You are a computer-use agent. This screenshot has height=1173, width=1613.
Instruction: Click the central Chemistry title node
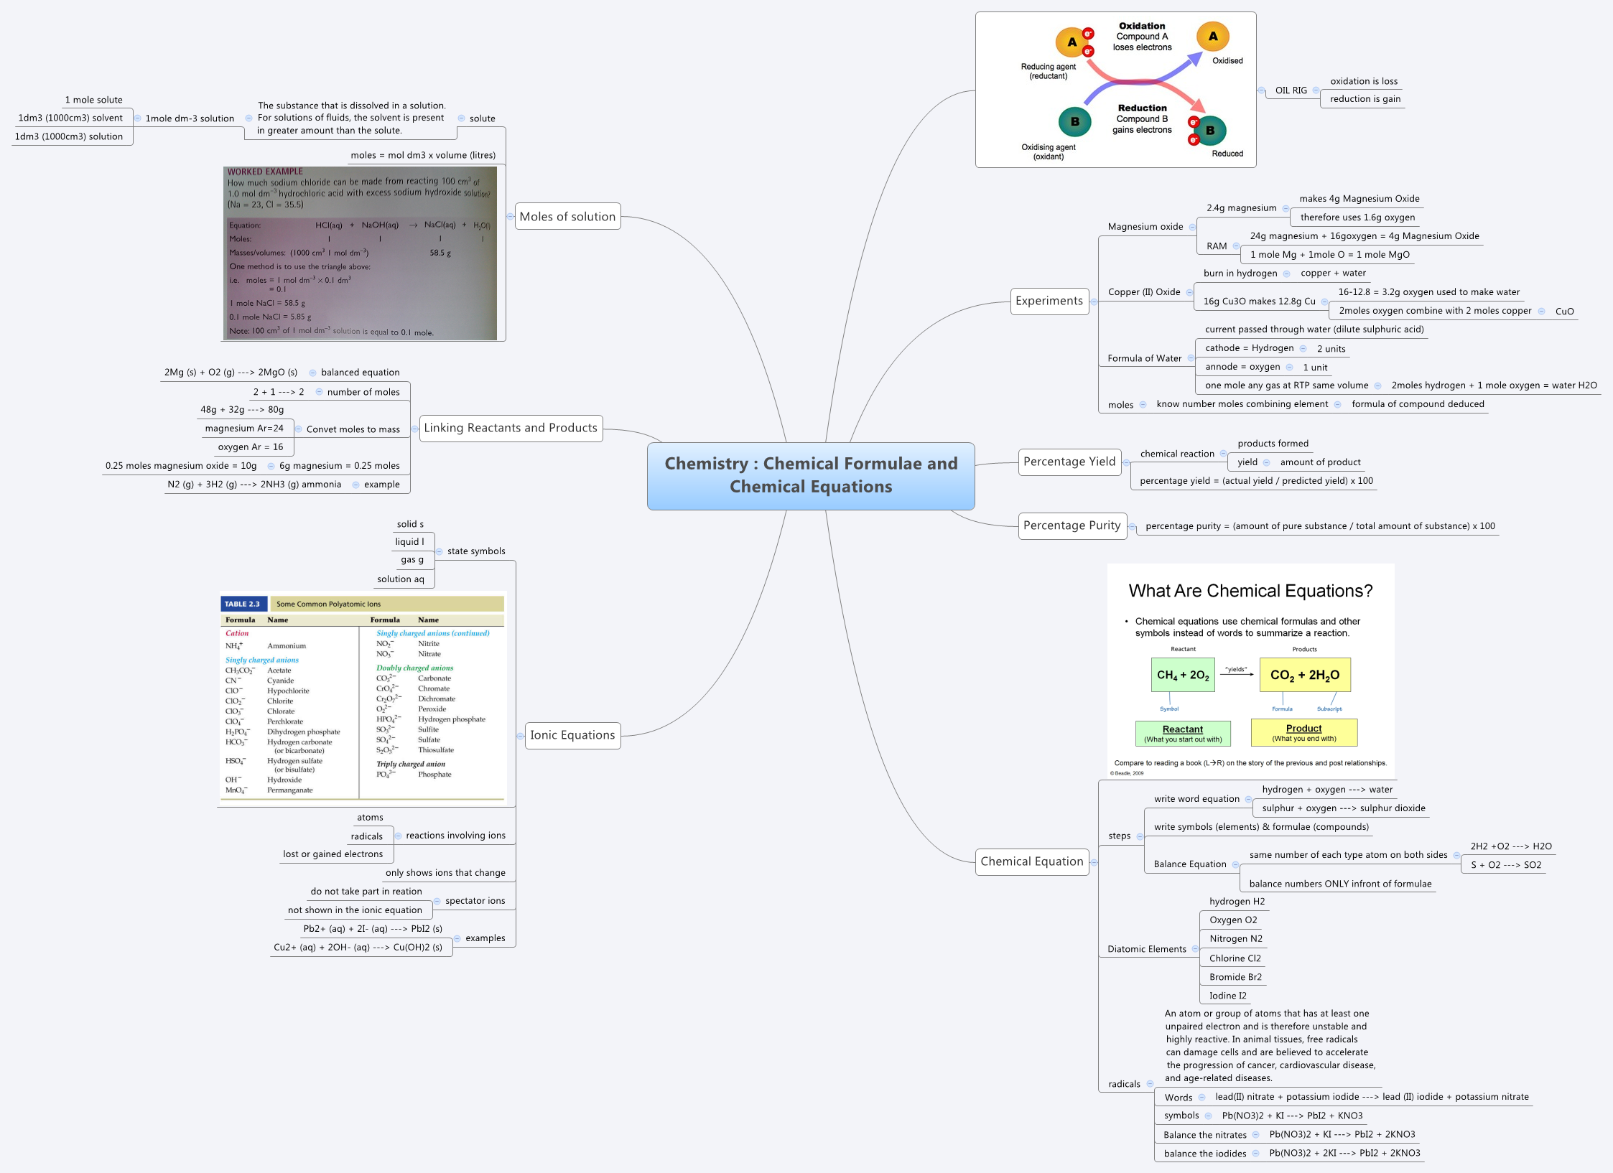(x=810, y=475)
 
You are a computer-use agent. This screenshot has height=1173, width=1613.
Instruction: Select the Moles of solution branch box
(x=567, y=216)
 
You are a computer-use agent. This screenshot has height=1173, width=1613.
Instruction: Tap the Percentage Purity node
(x=1072, y=525)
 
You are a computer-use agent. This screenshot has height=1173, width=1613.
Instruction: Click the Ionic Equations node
(x=572, y=735)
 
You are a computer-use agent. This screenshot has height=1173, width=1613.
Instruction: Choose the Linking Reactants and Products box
(x=510, y=428)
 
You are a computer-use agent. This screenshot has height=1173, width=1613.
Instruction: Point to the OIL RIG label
(x=1291, y=90)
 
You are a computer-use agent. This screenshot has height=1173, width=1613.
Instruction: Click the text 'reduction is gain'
(x=1365, y=99)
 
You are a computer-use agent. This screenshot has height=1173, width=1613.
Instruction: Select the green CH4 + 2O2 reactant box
(x=1182, y=675)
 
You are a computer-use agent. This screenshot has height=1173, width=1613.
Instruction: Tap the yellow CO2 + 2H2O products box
(x=1304, y=675)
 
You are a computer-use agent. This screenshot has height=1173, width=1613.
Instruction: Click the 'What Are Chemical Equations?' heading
(x=1250, y=591)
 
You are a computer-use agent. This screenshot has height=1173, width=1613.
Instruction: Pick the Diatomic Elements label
(x=1146, y=949)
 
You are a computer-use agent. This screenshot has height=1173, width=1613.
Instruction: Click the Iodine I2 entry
(x=1227, y=996)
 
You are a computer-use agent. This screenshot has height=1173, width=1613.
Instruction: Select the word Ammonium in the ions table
(x=287, y=646)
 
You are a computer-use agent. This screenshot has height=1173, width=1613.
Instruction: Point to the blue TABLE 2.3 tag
(x=242, y=604)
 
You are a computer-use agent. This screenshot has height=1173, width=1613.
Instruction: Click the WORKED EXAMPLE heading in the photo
(x=265, y=172)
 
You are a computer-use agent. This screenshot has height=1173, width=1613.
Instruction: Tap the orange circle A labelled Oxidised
(x=1212, y=37)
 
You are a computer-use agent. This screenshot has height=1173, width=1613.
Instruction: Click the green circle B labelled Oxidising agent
(x=1074, y=121)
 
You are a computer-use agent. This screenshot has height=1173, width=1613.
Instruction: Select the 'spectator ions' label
(x=475, y=901)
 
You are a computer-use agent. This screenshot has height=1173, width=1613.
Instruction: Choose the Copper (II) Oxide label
(x=1143, y=292)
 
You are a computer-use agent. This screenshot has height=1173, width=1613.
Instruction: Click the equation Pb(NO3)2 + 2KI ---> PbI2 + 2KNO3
(x=1344, y=1153)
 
